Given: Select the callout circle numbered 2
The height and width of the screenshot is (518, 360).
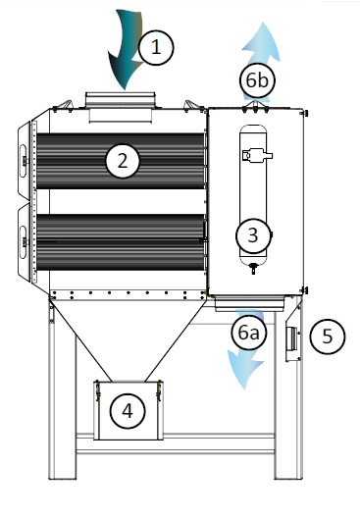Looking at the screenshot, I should coord(122,161).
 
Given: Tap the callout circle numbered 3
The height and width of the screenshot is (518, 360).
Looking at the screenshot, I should coord(253,235).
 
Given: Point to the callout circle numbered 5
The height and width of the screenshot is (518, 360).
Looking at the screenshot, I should coord(328,337).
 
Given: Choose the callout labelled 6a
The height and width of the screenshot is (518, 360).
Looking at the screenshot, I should coord(249,334).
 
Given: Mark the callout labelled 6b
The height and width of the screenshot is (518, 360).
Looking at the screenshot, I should coord(257,79).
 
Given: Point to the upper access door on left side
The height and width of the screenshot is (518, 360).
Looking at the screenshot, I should coord(23,157).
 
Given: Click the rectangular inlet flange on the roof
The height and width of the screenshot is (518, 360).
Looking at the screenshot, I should coord(120,98).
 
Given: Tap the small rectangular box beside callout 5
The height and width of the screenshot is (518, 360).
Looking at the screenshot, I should coord(291,339).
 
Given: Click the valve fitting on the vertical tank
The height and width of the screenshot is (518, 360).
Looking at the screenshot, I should coord(257,154).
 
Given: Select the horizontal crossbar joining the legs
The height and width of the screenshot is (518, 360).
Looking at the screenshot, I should coord(177,453).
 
